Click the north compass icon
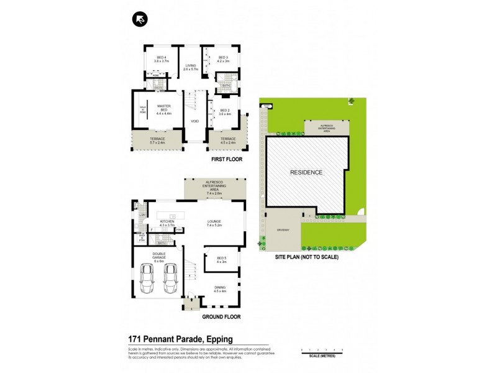(x=140, y=19)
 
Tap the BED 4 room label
(x=161, y=59)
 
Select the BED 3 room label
(x=224, y=59)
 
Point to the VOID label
(x=194, y=121)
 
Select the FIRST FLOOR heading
(x=226, y=160)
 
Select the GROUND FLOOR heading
(x=221, y=317)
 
